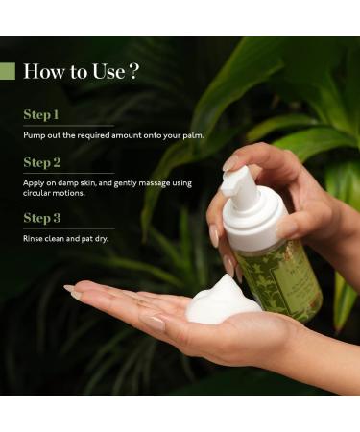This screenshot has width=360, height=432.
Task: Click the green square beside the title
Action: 8,71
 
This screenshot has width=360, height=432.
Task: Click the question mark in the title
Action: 134,71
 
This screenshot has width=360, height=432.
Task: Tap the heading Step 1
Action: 41,114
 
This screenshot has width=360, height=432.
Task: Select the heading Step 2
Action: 42,162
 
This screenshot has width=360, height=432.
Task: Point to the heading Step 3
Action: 42,218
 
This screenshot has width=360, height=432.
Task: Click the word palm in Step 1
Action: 194,135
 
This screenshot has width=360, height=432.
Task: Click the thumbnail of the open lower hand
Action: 73,290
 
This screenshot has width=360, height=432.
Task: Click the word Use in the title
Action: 105,71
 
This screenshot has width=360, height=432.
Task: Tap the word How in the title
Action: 42,71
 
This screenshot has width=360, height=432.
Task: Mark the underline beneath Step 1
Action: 67,126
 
